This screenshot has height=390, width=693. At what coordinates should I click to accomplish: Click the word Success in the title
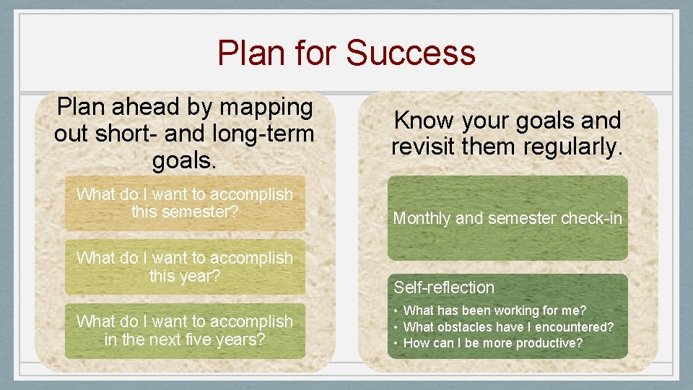click(x=411, y=53)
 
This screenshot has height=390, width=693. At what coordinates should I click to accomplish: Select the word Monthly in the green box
click(x=422, y=218)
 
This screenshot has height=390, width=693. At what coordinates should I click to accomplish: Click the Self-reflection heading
click(x=444, y=287)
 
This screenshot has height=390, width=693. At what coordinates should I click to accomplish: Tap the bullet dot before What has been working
click(x=396, y=311)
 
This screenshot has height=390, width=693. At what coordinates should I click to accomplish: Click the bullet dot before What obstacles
click(x=396, y=327)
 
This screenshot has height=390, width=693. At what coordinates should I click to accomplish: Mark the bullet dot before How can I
click(x=396, y=343)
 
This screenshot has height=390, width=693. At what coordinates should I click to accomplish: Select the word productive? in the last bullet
click(x=546, y=343)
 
